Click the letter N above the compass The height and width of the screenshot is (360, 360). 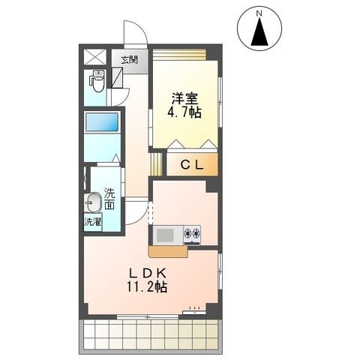click(x=259, y=13)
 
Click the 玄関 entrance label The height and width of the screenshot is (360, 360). click(x=130, y=60)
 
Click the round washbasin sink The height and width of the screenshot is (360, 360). click(x=93, y=203)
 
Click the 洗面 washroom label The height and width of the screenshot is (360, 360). click(x=109, y=196)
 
